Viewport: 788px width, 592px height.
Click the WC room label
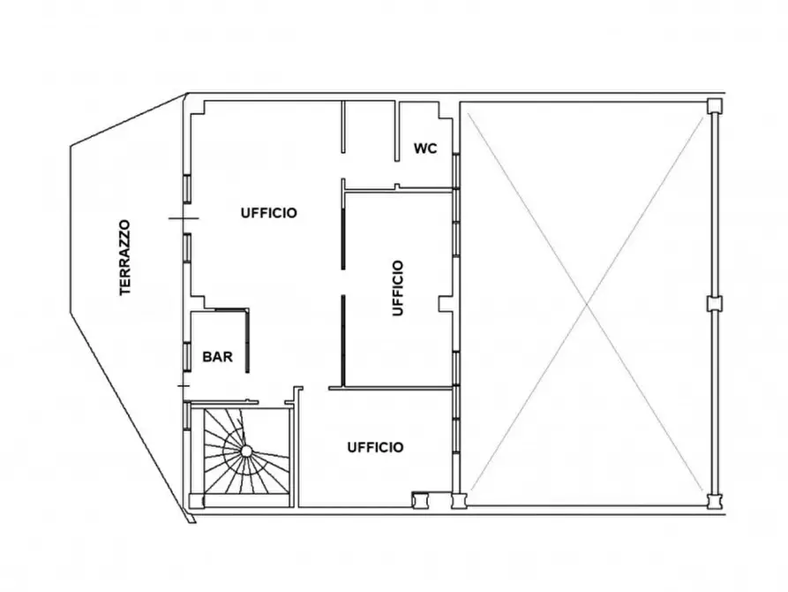425,148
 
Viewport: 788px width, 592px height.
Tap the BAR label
218,357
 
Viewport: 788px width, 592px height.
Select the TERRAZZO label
124,257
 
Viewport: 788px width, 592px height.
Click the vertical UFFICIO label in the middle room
397,287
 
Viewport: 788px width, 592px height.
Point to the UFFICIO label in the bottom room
375,447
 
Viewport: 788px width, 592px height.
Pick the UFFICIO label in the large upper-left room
269,213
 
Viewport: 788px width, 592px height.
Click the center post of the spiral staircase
246,451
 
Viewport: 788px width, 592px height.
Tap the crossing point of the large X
587,304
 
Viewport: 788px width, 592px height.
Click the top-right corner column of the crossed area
714,106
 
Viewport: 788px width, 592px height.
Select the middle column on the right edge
714,304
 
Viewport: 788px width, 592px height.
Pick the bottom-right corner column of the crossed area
714,501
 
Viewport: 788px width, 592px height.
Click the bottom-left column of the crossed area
459,501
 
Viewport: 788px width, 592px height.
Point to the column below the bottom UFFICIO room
420,501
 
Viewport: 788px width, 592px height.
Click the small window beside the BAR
186,357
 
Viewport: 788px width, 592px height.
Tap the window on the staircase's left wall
186,415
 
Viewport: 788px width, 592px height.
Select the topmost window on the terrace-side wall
186,188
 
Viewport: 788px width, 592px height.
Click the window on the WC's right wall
456,171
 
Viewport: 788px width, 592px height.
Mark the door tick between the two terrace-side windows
184,218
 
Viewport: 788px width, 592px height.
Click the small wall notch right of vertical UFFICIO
446,304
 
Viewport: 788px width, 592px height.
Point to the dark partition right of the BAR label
247,341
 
